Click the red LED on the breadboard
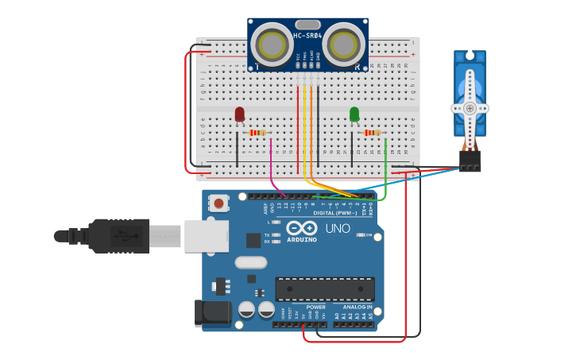[x=240, y=114]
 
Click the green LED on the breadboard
[x=354, y=114]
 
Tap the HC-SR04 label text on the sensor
[x=307, y=36]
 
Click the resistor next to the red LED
[x=257, y=133]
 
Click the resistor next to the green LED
[x=372, y=133]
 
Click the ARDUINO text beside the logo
[x=302, y=239]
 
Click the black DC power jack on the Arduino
[x=213, y=313]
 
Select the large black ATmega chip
[x=324, y=289]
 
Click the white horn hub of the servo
[x=470, y=108]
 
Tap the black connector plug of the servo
[x=470, y=161]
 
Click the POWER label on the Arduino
[x=315, y=307]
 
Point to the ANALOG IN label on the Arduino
[x=358, y=307]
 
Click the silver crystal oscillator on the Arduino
[x=251, y=262]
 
